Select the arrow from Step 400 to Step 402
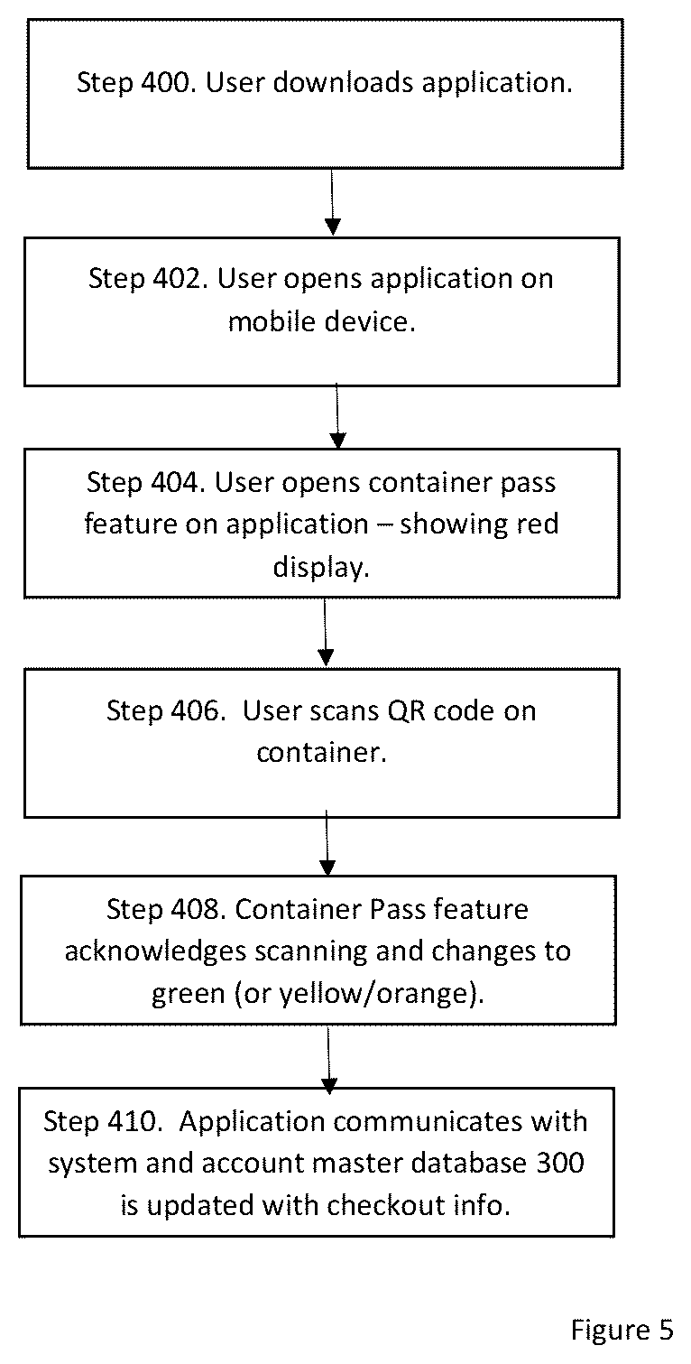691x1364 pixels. pos(332,202)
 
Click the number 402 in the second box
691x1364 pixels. pos(180,278)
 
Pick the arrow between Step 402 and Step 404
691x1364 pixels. pos(337,416)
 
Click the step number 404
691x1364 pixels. pos(178,482)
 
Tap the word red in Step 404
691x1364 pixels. pos(537,524)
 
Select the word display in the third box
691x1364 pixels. pos(319,568)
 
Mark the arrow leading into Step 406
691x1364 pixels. pos(326,632)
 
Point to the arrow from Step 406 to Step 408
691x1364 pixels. pos(327,843)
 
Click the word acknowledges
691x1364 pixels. pos(155,951)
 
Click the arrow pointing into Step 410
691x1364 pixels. pos(329,1060)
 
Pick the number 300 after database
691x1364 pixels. pos(560,1163)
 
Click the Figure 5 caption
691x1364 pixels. pos(622,1330)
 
